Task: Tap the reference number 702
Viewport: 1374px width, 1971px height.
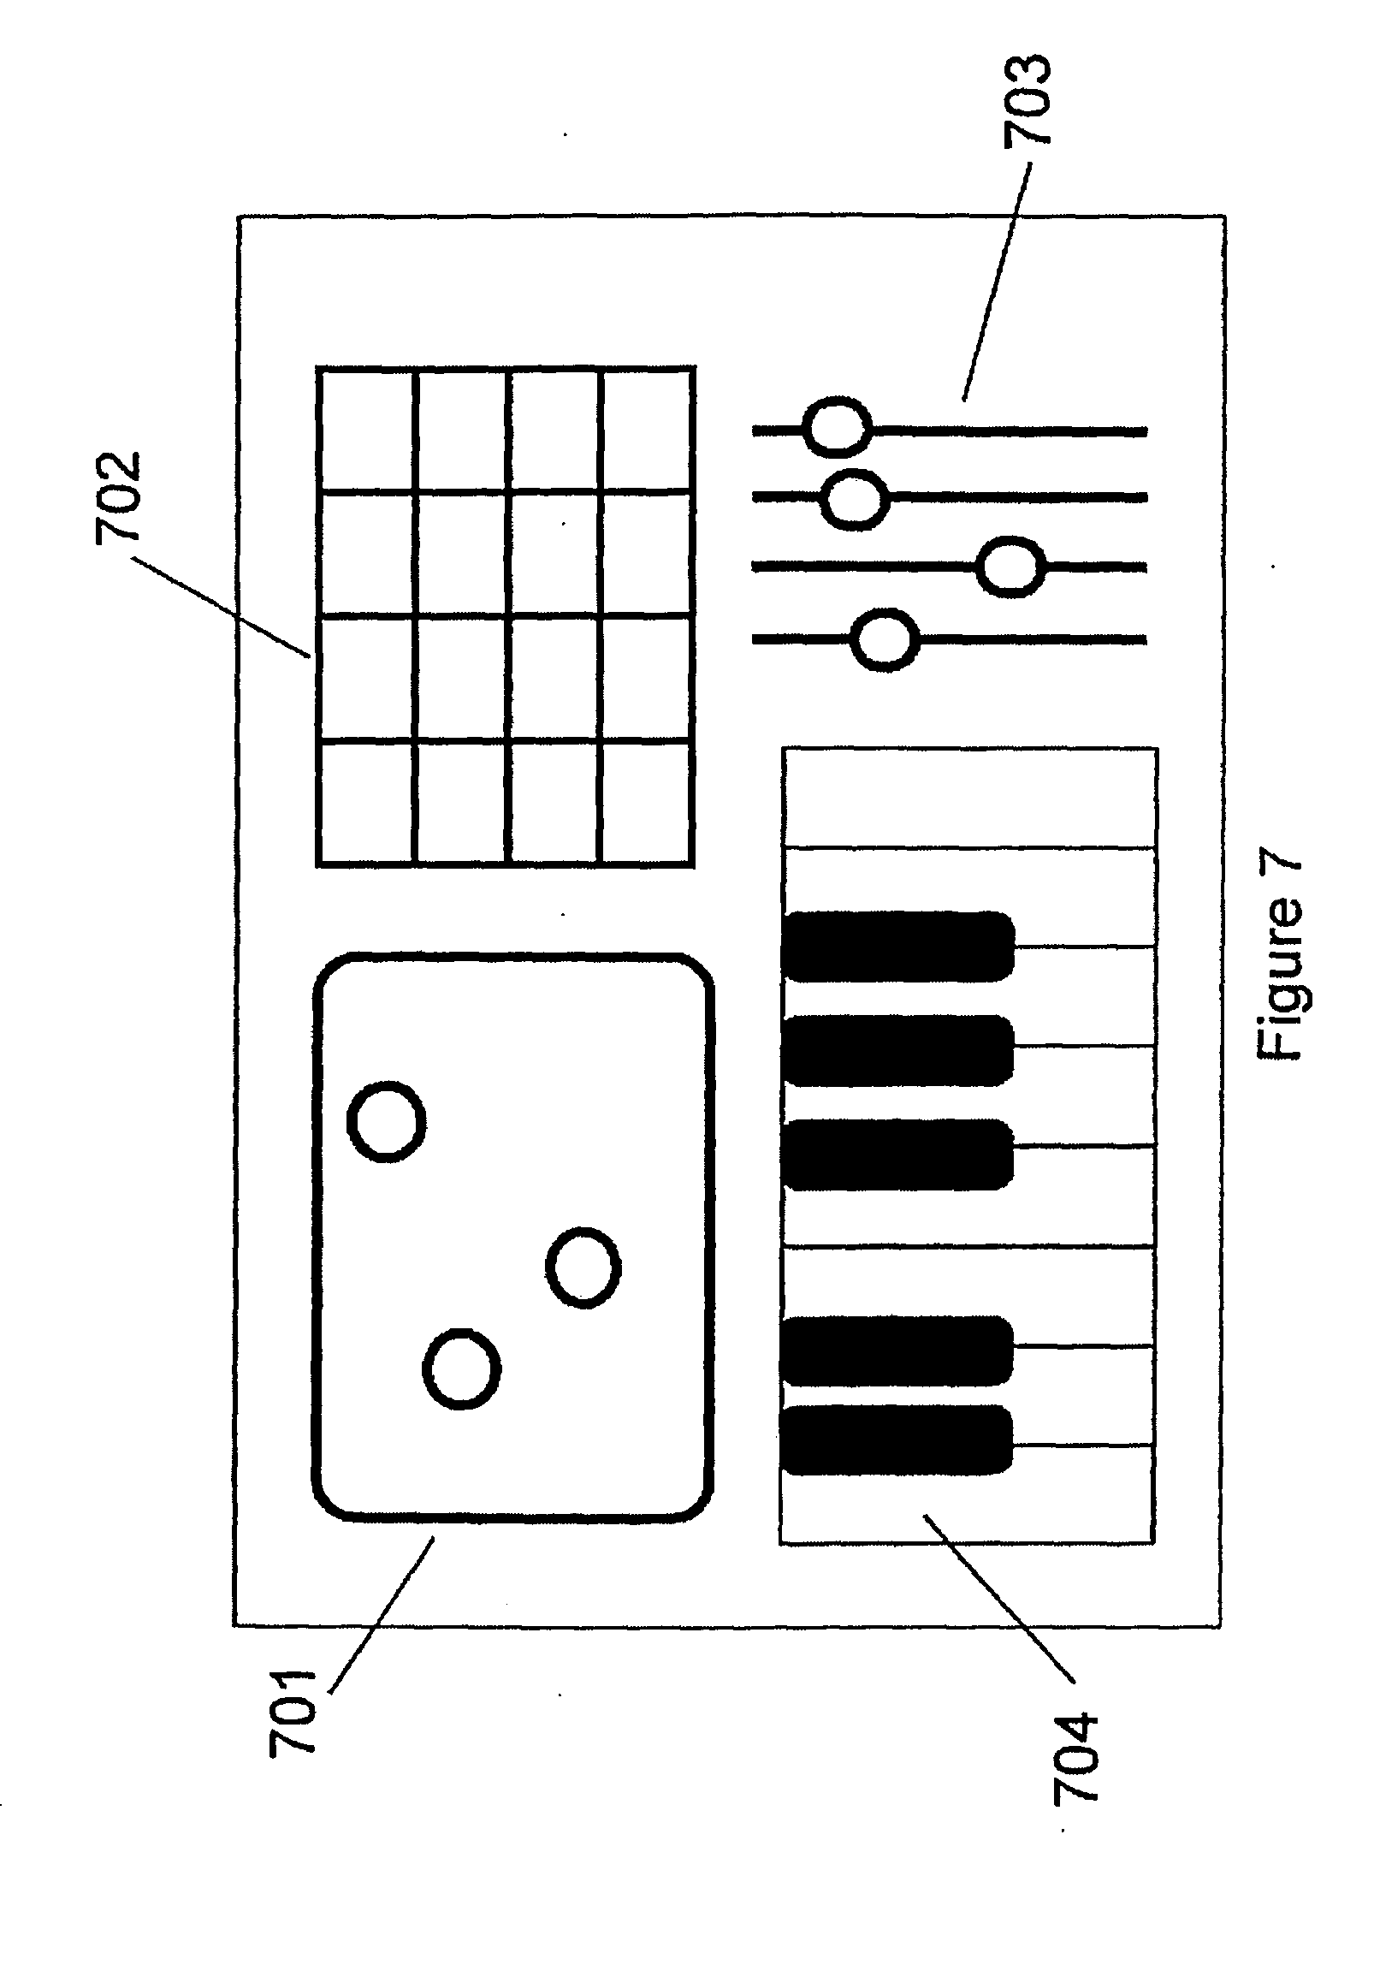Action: pyautogui.click(x=117, y=497)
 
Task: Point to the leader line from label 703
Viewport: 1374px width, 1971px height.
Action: pyautogui.click(x=996, y=283)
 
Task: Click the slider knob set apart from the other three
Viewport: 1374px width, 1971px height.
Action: pyautogui.click(x=1011, y=567)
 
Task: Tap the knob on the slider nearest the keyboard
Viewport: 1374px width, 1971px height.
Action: pyautogui.click(x=885, y=639)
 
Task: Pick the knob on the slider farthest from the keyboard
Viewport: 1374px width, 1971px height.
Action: pyautogui.click(x=837, y=427)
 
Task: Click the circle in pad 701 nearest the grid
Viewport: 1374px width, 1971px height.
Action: pyautogui.click(x=386, y=1121)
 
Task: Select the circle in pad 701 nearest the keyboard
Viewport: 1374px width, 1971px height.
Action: pyautogui.click(x=583, y=1267)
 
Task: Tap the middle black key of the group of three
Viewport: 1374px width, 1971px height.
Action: pyautogui.click(x=897, y=1051)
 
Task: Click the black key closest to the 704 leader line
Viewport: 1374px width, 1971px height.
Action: pyautogui.click(x=897, y=1440)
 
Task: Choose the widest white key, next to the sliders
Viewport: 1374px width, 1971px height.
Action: pyautogui.click(x=970, y=798)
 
